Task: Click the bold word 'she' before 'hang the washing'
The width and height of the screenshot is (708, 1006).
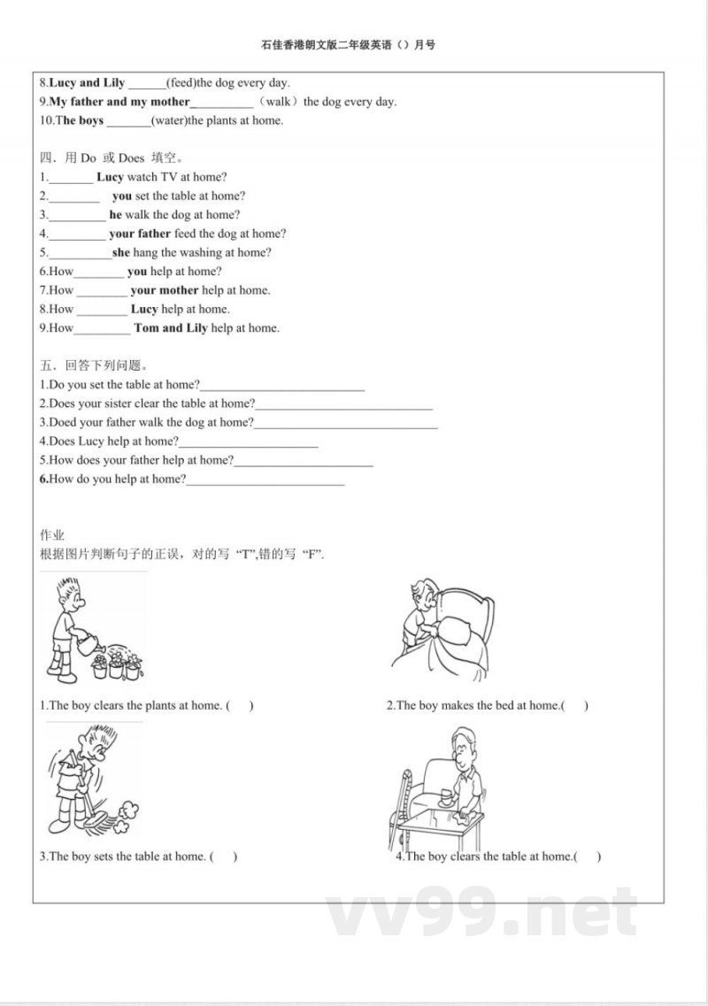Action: pyautogui.click(x=121, y=252)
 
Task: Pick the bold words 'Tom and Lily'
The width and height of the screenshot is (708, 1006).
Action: pyautogui.click(x=171, y=327)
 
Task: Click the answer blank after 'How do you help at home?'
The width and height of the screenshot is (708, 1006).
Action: pyautogui.click(x=265, y=480)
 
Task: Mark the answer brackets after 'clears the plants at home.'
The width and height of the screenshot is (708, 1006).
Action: pyautogui.click(x=240, y=706)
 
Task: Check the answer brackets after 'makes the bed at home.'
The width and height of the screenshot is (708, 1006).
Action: pyautogui.click(x=574, y=706)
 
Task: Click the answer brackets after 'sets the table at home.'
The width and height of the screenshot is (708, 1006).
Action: pyautogui.click(x=224, y=856)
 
